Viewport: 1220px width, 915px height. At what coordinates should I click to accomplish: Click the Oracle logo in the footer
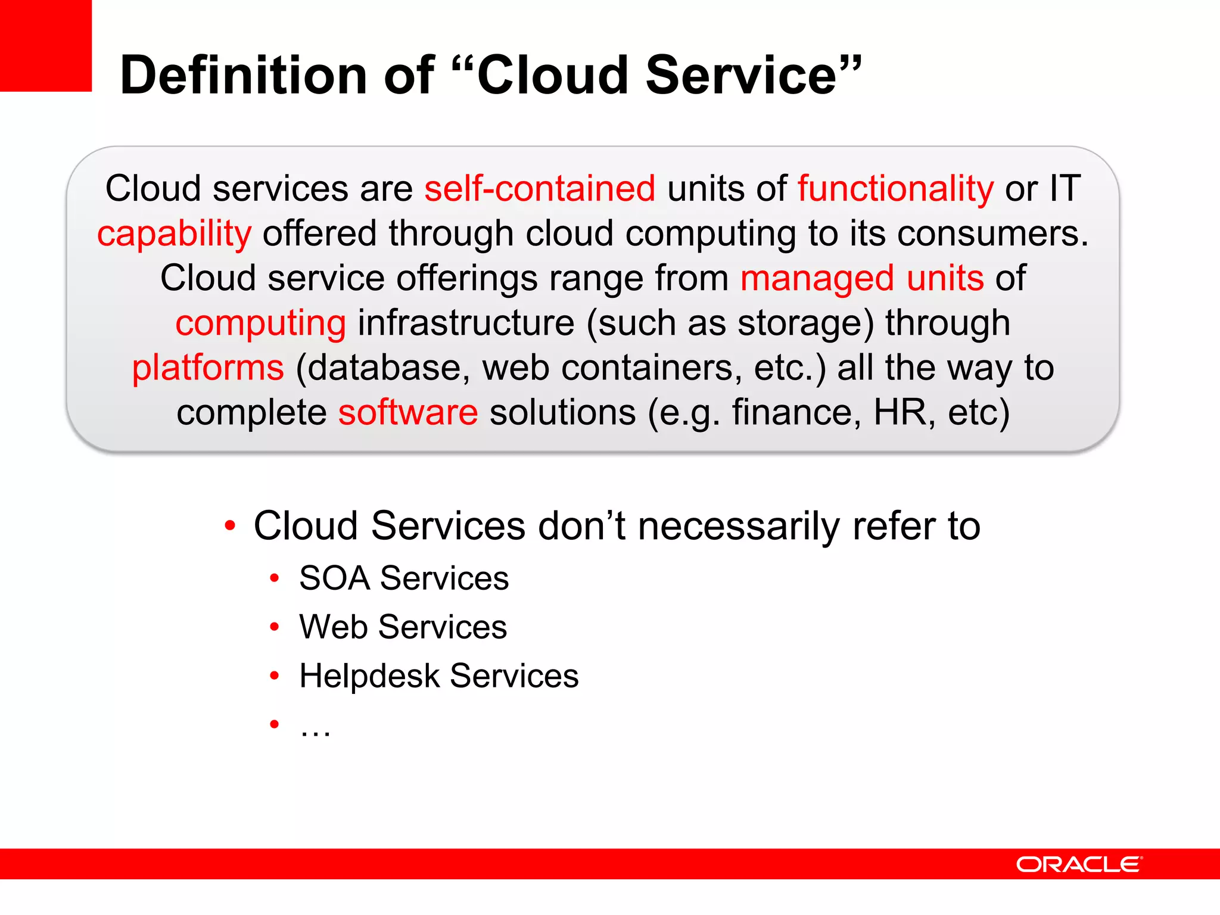1078,864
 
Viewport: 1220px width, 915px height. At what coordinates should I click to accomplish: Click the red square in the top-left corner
45,45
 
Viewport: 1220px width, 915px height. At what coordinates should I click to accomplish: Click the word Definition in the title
244,75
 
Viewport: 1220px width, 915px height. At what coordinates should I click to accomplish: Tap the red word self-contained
540,189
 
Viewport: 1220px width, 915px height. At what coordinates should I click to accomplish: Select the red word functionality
895,189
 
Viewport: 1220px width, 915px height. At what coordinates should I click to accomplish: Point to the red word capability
174,234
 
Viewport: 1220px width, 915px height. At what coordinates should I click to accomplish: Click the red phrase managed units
861,278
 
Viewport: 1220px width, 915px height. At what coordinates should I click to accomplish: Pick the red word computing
260,323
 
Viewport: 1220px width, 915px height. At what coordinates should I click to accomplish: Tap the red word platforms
208,368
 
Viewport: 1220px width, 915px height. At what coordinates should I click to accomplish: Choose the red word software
408,412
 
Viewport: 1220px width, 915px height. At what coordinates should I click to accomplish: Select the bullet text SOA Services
404,578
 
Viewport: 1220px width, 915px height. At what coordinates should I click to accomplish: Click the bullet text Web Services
403,627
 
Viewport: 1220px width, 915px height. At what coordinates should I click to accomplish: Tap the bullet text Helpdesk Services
438,676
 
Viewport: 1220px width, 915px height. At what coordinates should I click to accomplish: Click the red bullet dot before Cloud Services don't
230,526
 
